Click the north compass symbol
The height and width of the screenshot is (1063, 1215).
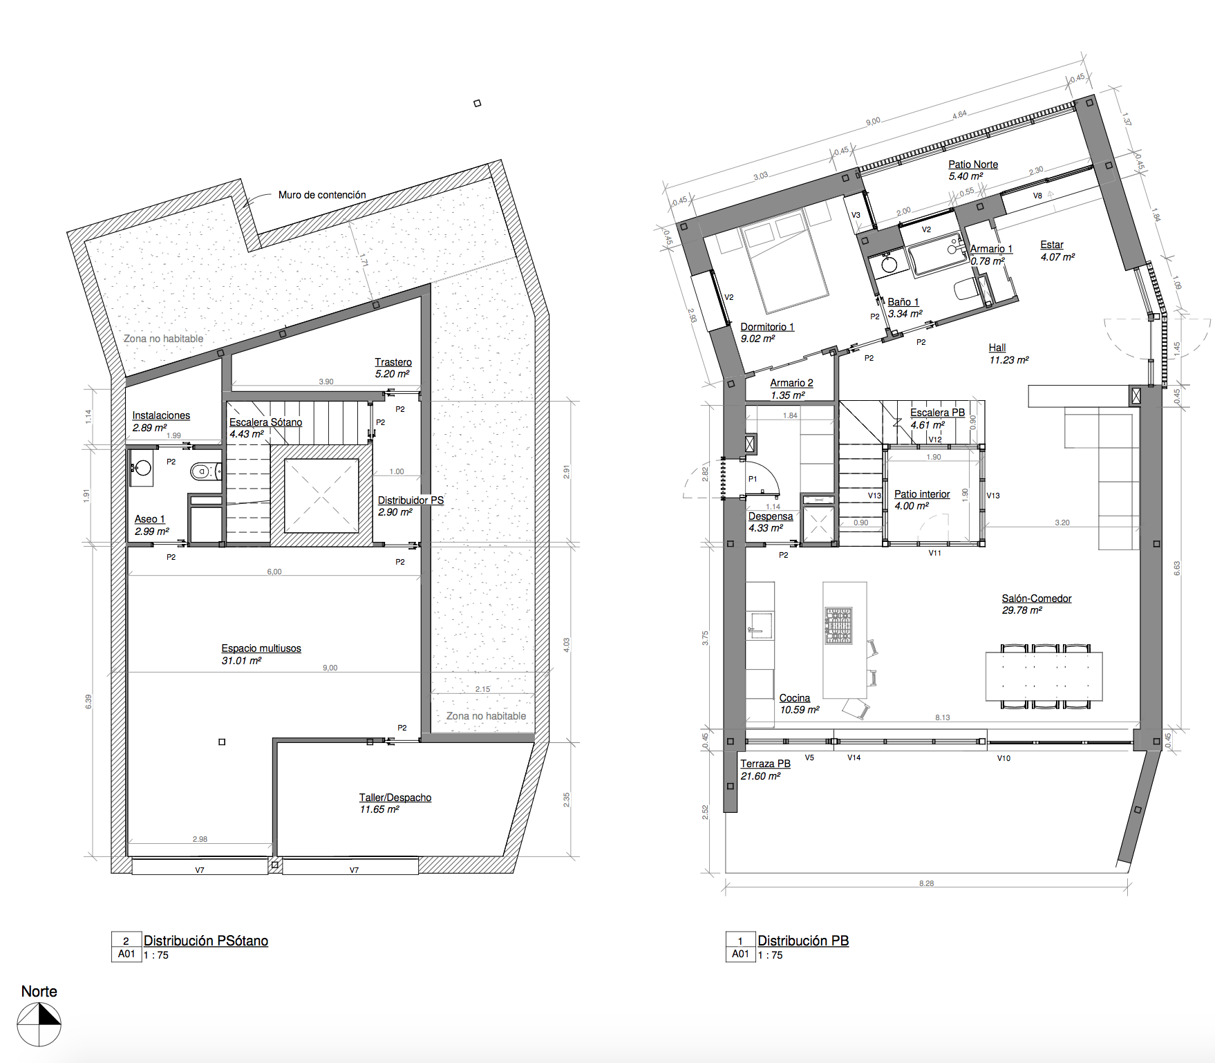tap(39, 1024)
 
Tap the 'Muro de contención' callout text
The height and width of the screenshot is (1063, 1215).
tap(322, 195)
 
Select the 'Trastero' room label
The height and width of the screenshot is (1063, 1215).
tap(393, 362)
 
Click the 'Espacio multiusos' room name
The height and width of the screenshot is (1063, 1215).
tap(261, 648)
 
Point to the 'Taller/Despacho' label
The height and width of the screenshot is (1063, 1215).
tap(395, 798)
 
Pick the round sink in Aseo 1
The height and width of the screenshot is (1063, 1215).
tap(142, 468)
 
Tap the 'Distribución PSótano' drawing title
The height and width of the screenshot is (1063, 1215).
tap(206, 941)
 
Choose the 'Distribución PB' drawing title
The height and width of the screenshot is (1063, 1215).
tap(803, 941)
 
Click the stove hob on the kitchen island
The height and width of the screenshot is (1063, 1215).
tap(839, 625)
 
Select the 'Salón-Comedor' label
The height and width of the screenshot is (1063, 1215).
tap(1037, 599)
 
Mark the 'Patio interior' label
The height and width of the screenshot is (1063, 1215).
tap(922, 494)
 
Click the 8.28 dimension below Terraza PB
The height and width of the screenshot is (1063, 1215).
tap(927, 883)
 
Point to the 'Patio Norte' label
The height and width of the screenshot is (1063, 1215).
tap(973, 164)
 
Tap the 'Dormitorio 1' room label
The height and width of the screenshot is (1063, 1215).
tap(767, 327)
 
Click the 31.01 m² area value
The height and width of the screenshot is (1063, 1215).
tap(241, 661)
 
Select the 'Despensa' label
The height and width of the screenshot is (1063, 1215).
tap(771, 516)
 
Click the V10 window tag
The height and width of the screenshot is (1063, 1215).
tap(1004, 758)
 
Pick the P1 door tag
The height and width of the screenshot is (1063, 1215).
tap(753, 479)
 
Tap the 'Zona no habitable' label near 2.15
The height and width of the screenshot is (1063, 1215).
tap(486, 716)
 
